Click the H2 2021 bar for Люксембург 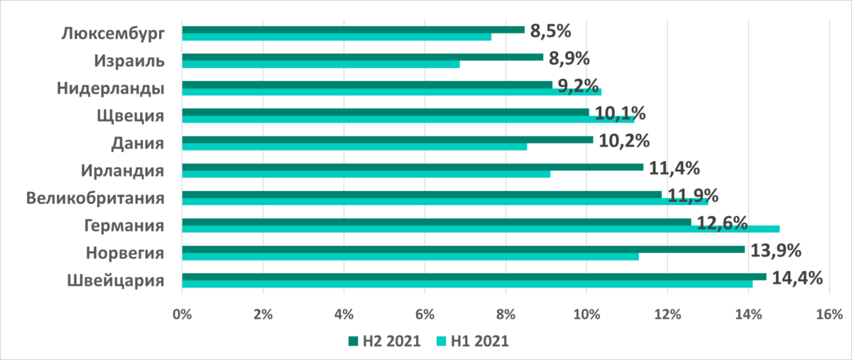(353, 30)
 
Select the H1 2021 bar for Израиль (321, 64)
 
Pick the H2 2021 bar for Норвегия (464, 249)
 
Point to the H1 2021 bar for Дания (354, 146)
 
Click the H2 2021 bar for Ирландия (413, 167)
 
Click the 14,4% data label (797, 277)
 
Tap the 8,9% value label (569, 58)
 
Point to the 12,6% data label (721, 222)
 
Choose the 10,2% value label (624, 141)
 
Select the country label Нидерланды (111, 88)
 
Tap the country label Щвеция (131, 116)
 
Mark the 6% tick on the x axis (425, 313)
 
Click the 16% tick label (829, 313)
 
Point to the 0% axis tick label (182, 313)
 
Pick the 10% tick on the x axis (586, 313)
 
